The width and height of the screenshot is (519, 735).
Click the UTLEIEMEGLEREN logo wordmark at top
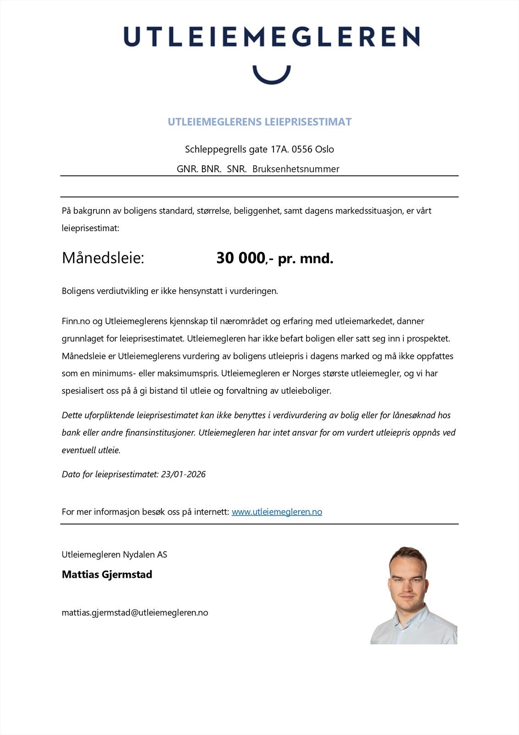tap(271, 36)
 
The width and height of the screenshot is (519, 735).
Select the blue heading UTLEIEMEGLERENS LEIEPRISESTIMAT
tap(259, 122)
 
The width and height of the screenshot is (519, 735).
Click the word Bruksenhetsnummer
tap(296, 169)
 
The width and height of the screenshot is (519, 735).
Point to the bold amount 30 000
tap(240, 258)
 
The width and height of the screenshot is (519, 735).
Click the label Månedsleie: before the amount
tap(103, 258)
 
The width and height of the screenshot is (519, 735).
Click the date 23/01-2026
tap(183, 475)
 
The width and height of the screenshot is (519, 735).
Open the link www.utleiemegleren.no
tap(277, 512)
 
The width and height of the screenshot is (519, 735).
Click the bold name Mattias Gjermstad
tap(107, 574)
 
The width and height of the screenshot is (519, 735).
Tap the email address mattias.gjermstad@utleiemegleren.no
tap(135, 612)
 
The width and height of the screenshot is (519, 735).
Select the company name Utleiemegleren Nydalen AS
tap(114, 554)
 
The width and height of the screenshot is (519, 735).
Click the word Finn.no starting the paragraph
tap(76, 321)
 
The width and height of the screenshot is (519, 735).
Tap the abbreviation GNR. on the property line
tap(187, 169)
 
